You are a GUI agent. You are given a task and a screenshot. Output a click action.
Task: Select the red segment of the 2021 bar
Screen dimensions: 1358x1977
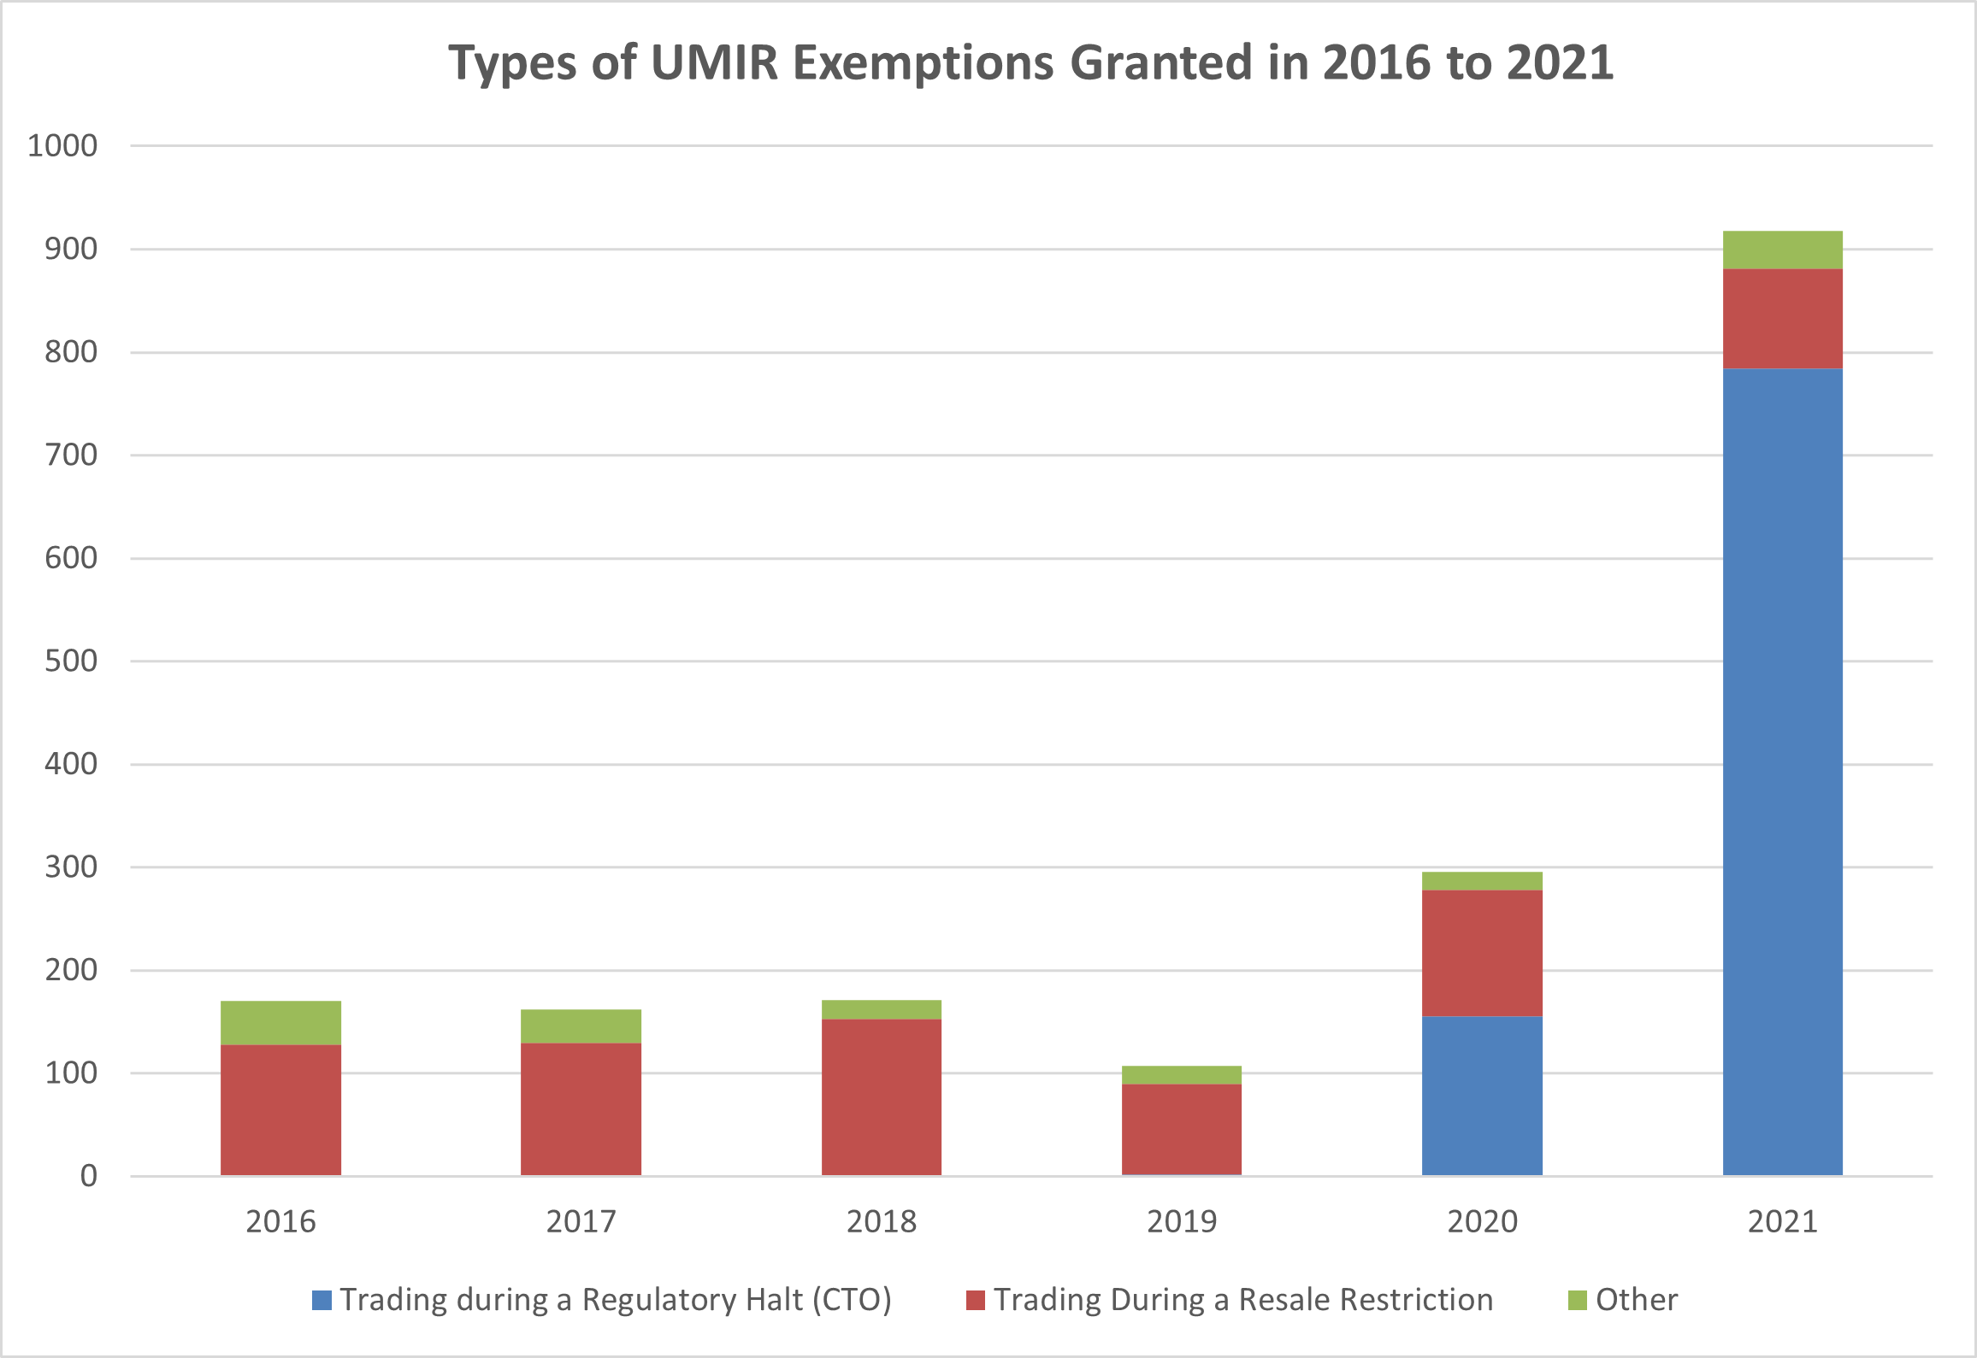tap(1782, 319)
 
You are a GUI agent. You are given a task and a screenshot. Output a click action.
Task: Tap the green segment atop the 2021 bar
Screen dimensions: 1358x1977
tap(1782, 250)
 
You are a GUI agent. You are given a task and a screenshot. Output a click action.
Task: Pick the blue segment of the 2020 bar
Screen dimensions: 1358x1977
tap(1482, 1096)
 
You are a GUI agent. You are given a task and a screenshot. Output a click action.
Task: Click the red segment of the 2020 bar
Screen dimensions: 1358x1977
tap(1482, 953)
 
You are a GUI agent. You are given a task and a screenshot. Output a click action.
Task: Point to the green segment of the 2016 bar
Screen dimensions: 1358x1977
tap(280, 1022)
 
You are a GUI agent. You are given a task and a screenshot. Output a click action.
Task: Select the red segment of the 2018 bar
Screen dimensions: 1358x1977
tap(881, 1096)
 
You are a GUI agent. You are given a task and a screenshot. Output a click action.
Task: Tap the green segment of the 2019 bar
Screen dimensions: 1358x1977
tap(1181, 1074)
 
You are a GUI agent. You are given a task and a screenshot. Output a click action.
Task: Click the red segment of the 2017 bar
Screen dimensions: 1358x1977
tap(581, 1108)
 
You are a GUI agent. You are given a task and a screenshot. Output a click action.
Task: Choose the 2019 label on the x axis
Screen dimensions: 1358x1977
tap(1181, 1221)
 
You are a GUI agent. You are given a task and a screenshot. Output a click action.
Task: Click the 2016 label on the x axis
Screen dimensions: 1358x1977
tap(280, 1221)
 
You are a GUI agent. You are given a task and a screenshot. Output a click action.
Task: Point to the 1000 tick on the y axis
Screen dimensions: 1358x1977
tap(62, 145)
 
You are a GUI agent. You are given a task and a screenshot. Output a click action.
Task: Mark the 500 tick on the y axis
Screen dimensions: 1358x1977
tap(71, 661)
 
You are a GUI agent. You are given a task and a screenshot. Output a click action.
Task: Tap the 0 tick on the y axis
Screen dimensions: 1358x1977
tap(88, 1176)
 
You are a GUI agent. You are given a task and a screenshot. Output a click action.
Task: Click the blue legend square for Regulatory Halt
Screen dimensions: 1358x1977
tap(322, 1300)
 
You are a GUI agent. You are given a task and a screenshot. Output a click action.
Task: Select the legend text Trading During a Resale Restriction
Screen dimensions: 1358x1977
tap(1242, 1300)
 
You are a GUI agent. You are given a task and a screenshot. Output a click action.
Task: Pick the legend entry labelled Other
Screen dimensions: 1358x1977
tap(1636, 1300)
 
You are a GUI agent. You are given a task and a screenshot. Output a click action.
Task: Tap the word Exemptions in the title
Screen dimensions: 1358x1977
tap(924, 62)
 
